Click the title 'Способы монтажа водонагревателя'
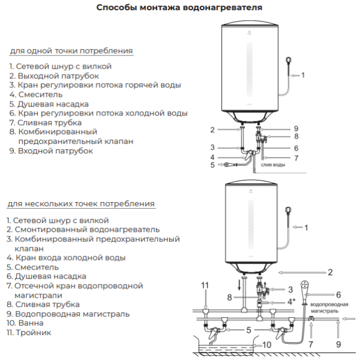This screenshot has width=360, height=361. click(x=179, y=8)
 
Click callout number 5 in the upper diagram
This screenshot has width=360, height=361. click(x=212, y=164)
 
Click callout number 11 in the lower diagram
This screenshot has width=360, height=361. click(x=205, y=285)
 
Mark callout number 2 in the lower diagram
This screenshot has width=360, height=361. click(x=331, y=272)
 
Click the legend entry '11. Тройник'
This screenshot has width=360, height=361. click(x=29, y=332)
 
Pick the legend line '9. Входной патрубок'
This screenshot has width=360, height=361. click(x=51, y=151)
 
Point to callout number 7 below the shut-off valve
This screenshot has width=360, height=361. click(x=311, y=344)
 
